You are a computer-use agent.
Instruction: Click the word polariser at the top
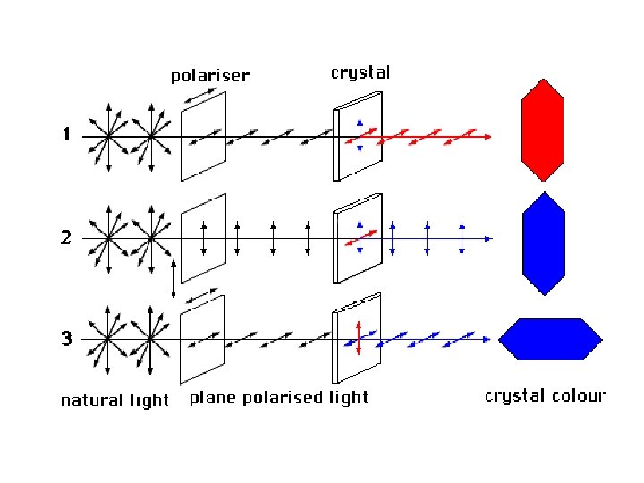tap(209, 76)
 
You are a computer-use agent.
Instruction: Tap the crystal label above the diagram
tap(360, 72)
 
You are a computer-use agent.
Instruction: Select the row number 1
tap(66, 137)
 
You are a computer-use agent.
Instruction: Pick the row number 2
tap(66, 238)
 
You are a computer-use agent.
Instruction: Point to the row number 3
tap(66, 339)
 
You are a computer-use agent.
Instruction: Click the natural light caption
tap(114, 400)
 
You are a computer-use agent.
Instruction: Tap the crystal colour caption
tap(545, 395)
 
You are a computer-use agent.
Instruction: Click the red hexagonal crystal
tap(543, 130)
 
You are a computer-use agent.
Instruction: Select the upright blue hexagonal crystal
tap(543, 243)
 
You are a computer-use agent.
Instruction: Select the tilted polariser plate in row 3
tap(202, 343)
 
